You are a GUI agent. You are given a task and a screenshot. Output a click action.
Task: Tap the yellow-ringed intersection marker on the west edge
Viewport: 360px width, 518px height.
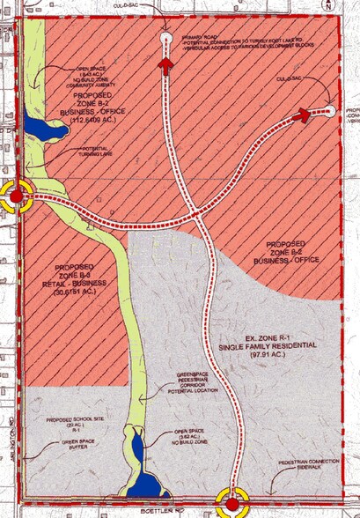pos(16,196)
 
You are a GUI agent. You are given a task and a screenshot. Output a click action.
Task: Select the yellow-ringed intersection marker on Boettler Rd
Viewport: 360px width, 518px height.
pos(231,505)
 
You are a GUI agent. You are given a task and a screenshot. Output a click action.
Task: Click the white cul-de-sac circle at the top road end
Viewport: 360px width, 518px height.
pos(167,38)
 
